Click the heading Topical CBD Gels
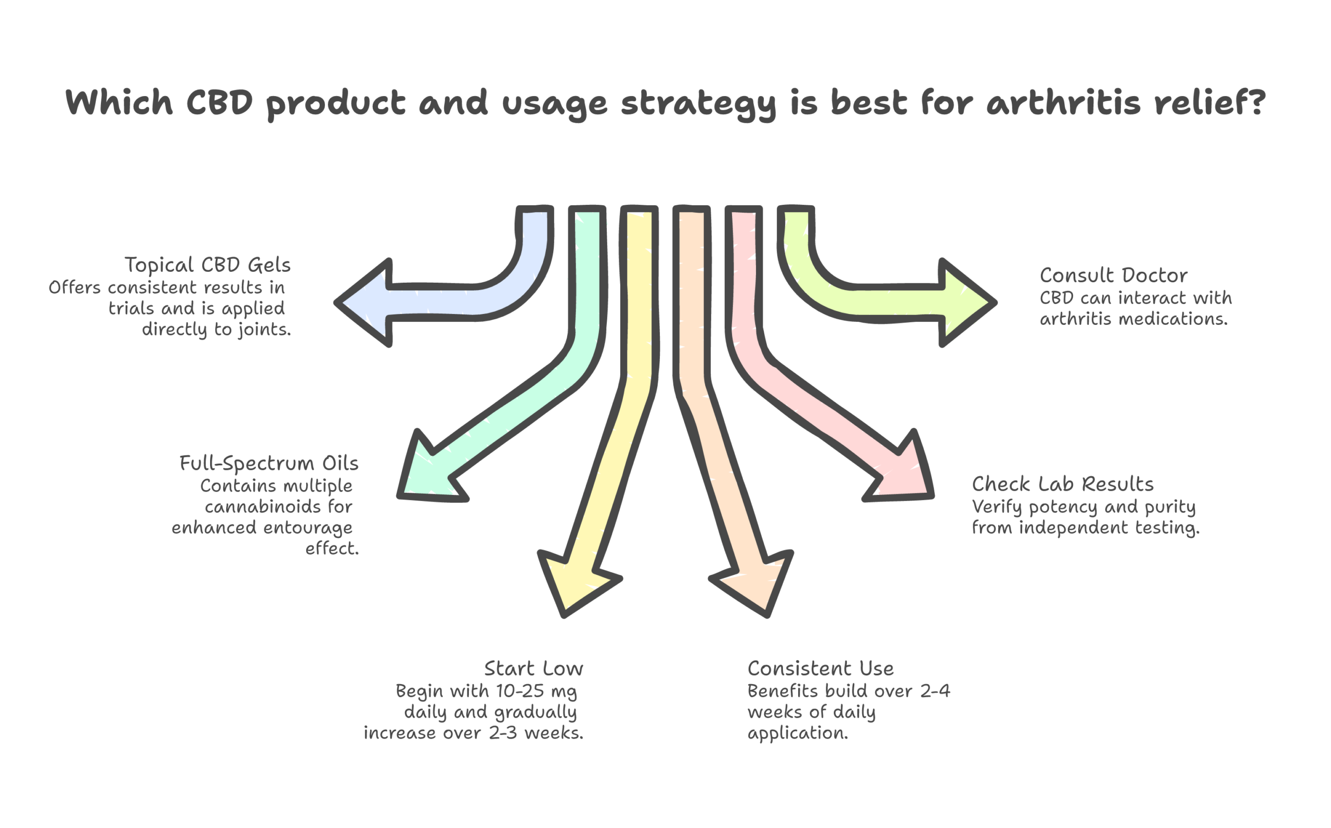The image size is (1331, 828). coord(207,265)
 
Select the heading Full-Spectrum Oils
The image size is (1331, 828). coord(269,463)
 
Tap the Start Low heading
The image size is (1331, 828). coord(533,668)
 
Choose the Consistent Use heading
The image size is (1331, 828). coord(820,668)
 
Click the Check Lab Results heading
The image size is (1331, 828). coord(1063,484)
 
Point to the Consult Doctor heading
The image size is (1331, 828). coord(1114,275)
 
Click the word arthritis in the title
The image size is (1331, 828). coord(1064,103)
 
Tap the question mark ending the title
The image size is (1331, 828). coord(1255,102)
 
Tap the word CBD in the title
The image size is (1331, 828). coord(219,102)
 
